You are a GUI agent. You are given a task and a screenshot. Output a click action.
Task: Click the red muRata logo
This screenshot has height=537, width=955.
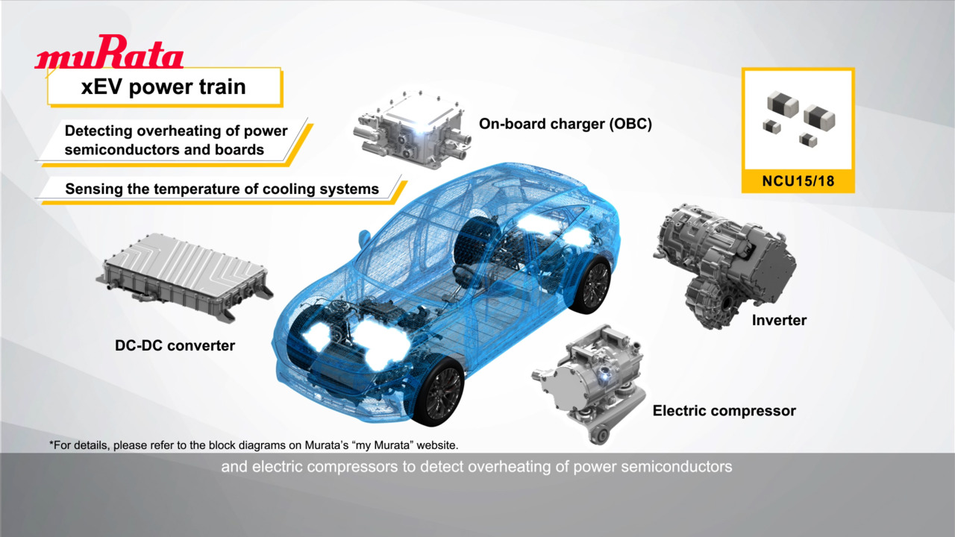[109, 52]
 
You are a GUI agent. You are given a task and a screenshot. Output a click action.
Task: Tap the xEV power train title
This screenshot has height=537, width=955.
[163, 87]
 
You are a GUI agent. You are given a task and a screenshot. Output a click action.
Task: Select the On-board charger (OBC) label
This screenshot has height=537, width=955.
[566, 124]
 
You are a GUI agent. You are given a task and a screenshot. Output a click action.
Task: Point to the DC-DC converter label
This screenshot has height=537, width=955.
[175, 345]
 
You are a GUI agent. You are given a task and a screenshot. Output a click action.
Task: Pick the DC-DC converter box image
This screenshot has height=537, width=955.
[184, 276]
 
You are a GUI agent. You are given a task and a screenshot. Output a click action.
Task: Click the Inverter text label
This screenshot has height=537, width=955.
[779, 320]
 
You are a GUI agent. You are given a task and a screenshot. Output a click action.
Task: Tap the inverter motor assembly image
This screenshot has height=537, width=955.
[724, 265]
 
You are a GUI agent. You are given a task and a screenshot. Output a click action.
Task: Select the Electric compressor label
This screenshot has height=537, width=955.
[724, 410]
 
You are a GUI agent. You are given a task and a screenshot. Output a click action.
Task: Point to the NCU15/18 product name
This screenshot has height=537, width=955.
[798, 181]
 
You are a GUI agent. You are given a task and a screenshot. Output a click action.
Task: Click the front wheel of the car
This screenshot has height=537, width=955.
[440, 392]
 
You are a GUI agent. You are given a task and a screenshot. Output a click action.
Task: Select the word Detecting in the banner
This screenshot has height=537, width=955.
[98, 131]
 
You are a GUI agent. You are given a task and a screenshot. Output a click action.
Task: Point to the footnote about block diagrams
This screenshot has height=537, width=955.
[254, 445]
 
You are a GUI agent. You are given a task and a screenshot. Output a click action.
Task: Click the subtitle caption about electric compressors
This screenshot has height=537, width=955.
[477, 467]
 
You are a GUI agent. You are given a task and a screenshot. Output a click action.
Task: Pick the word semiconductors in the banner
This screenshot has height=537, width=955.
[122, 150]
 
